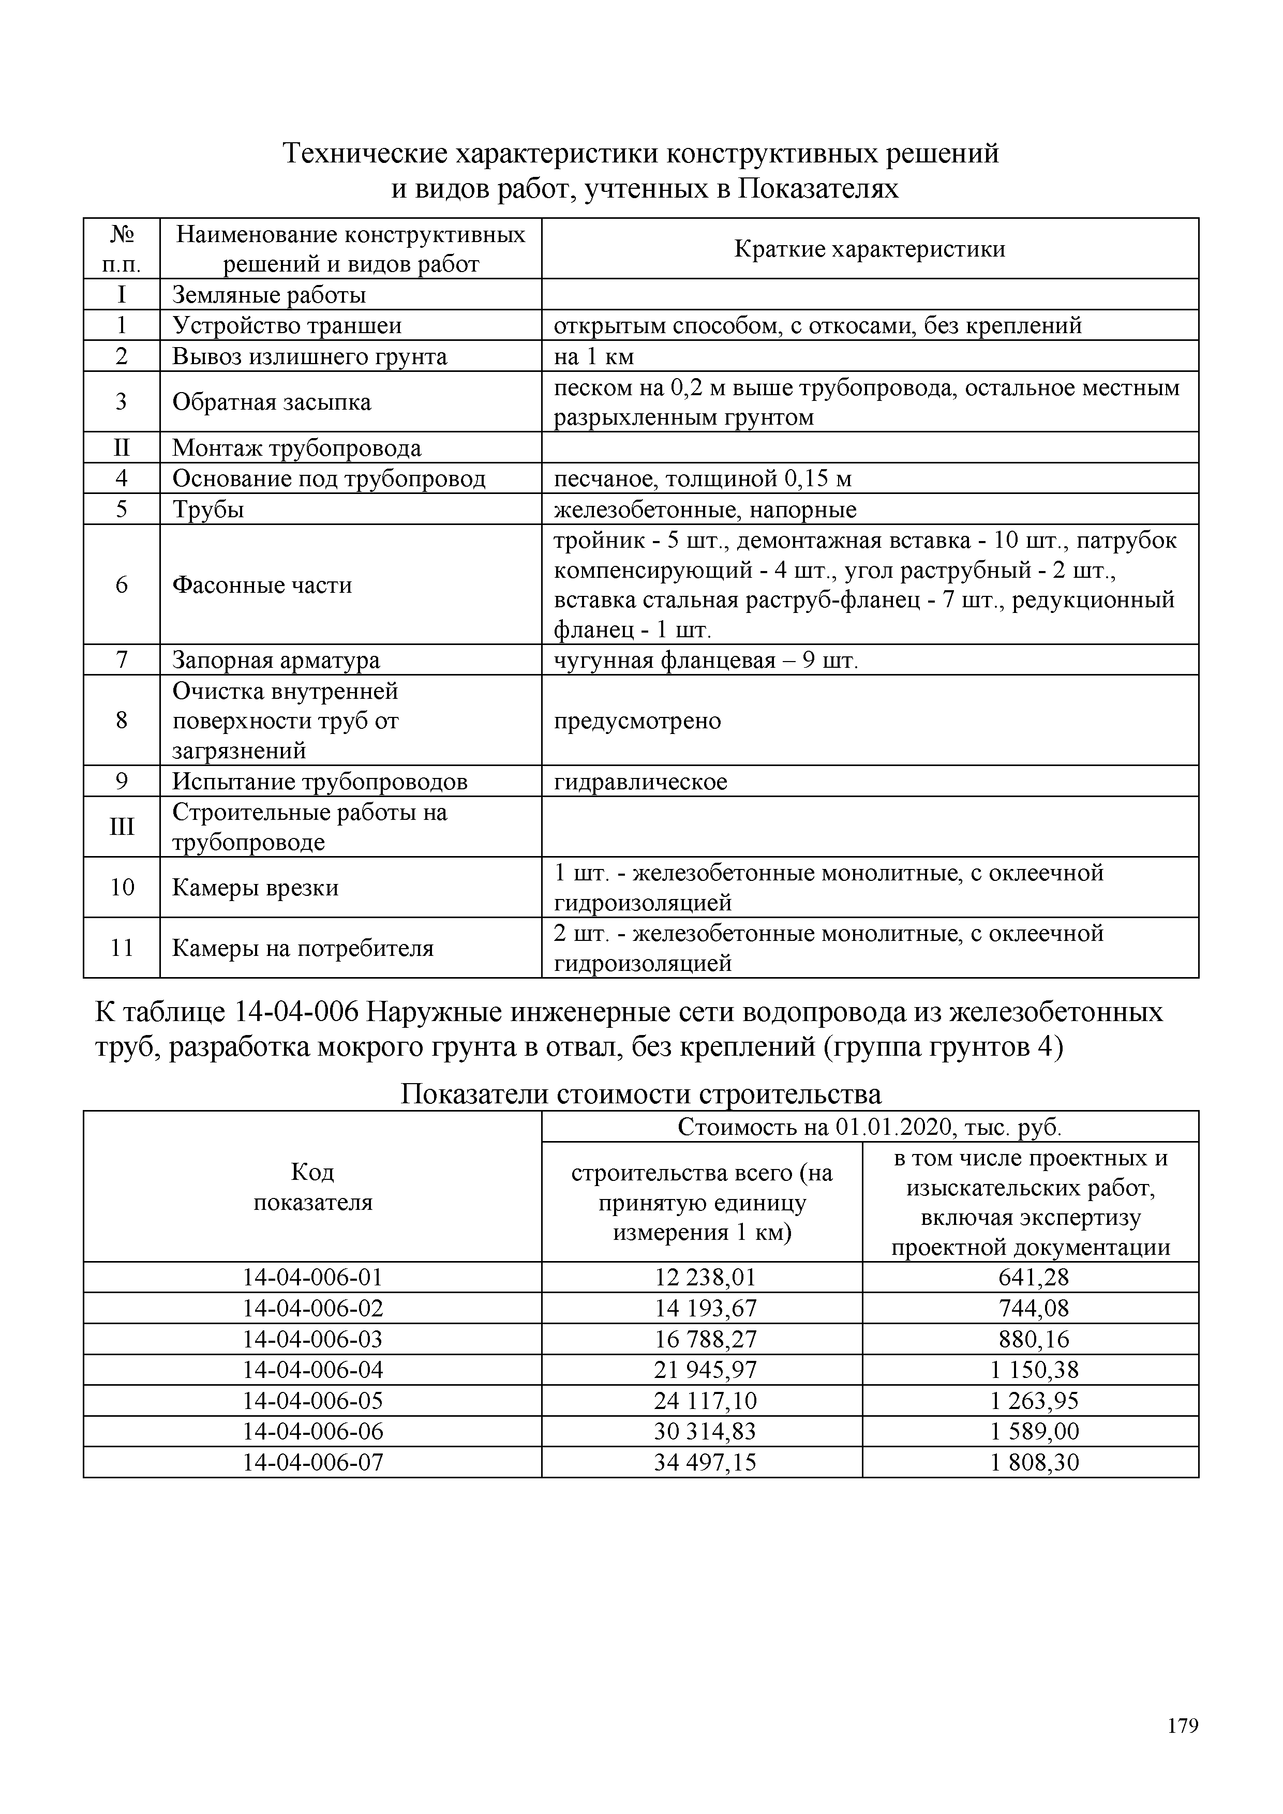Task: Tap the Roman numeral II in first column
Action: click(121, 448)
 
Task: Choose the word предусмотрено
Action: click(637, 721)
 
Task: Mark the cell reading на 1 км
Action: click(593, 357)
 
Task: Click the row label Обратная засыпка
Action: click(271, 402)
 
